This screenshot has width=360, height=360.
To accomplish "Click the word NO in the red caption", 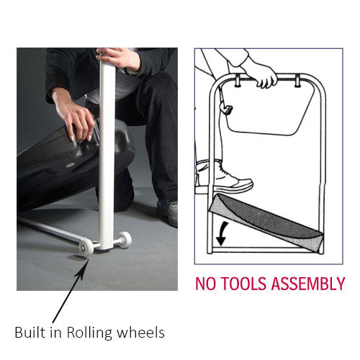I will (208, 284).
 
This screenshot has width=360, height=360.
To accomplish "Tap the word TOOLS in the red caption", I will (246, 284).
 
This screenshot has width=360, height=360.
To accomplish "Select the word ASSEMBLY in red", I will (307, 284).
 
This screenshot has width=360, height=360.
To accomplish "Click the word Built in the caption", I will (30, 332).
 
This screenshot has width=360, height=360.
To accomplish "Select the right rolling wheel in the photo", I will (125, 240).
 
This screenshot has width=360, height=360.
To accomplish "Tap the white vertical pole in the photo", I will (107, 158).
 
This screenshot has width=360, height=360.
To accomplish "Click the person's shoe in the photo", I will (168, 210).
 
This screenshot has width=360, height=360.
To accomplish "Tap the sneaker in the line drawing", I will (225, 176).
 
